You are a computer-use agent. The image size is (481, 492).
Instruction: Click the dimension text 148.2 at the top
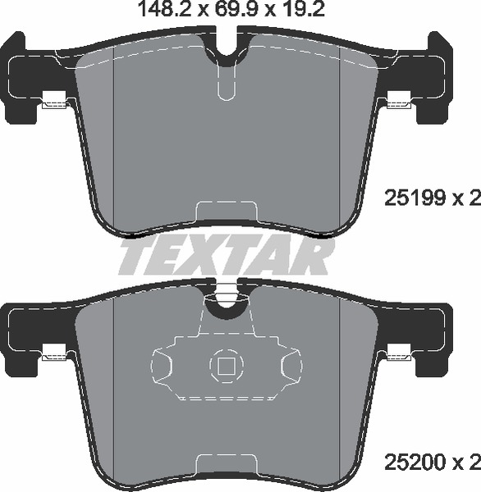(x=165, y=10)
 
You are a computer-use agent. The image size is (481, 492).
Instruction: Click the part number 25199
(x=415, y=198)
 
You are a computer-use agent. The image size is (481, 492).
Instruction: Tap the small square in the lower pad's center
(x=227, y=367)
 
